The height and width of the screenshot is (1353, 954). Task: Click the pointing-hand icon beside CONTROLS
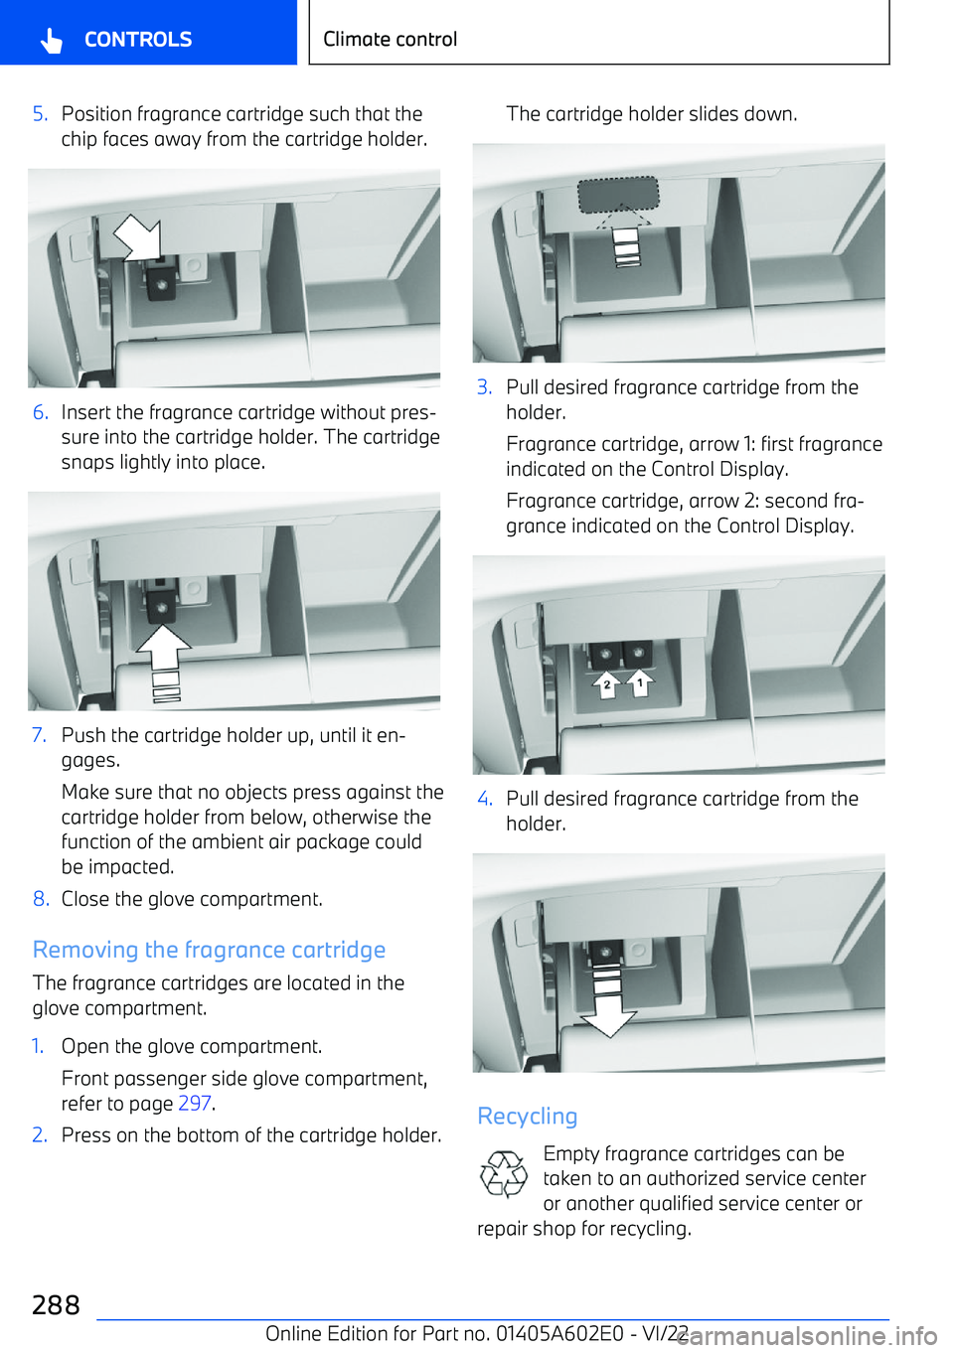point(52,40)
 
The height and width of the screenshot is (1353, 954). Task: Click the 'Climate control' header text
point(390,39)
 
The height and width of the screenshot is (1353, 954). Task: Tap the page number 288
point(56,1304)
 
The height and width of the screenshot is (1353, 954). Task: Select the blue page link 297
point(194,1104)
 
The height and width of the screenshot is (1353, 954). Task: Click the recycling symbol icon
point(504,1174)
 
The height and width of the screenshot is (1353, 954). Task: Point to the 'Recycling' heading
point(527,1117)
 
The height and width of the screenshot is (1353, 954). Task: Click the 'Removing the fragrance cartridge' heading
point(209,950)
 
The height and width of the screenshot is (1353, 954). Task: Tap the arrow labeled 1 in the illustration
point(640,683)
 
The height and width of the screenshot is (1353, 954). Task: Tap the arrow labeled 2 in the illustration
point(606,684)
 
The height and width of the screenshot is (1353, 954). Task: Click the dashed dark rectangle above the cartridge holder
point(618,195)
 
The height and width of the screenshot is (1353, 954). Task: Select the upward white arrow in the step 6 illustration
point(164,651)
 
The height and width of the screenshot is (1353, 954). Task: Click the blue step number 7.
point(39,735)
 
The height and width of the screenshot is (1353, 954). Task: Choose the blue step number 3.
point(484,387)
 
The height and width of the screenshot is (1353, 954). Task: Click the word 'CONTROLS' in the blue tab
point(138,40)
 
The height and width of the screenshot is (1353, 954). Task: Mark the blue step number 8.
point(40,899)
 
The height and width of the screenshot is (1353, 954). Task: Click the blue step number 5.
point(40,114)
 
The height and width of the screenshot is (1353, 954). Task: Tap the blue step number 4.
point(484,799)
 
